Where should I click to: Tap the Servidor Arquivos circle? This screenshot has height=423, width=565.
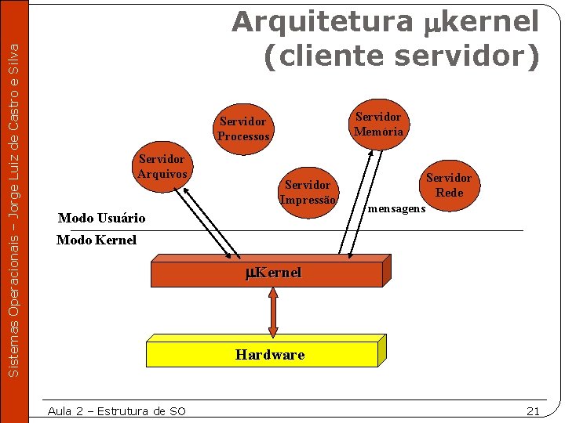tap(161, 165)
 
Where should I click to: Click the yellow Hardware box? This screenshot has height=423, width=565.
tap(267, 355)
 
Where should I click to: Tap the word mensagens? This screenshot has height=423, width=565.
tap(396, 209)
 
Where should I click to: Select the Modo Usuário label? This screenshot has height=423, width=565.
tap(102, 218)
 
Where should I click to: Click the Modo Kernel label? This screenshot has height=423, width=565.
tap(97, 240)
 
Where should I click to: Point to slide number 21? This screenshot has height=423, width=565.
tap(533, 411)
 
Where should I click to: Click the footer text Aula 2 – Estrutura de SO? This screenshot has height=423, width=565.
tap(116, 411)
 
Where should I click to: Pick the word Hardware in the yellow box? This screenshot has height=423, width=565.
tap(270, 355)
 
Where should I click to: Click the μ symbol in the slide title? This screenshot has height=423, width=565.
tap(432, 23)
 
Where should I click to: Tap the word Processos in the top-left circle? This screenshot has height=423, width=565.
tap(243, 136)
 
